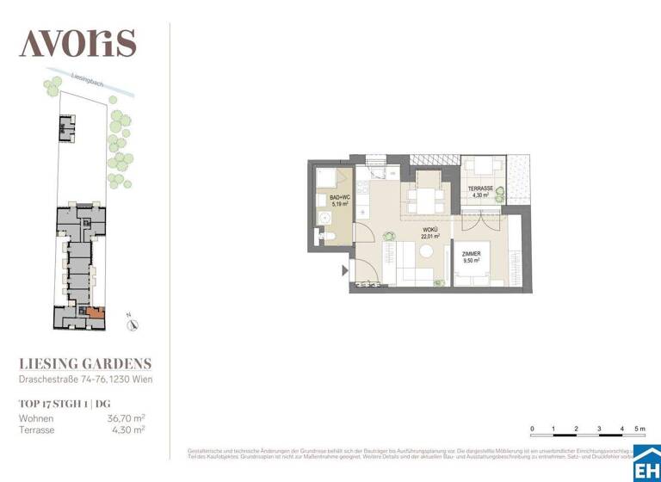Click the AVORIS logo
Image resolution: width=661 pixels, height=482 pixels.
[x=77, y=42]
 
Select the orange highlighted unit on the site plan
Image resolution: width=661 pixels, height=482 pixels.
[x=96, y=313]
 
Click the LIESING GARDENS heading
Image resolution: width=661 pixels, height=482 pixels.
[x=85, y=364]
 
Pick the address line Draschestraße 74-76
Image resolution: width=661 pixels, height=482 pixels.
[x=86, y=380]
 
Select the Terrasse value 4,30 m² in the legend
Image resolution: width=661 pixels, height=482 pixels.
[x=130, y=429]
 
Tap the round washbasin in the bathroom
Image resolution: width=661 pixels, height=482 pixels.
[x=327, y=219]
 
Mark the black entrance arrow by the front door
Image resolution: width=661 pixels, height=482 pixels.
[x=346, y=270]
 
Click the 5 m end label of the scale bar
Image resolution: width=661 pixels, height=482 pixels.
[x=640, y=429]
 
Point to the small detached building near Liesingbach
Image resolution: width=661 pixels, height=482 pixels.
[x=67, y=128]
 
